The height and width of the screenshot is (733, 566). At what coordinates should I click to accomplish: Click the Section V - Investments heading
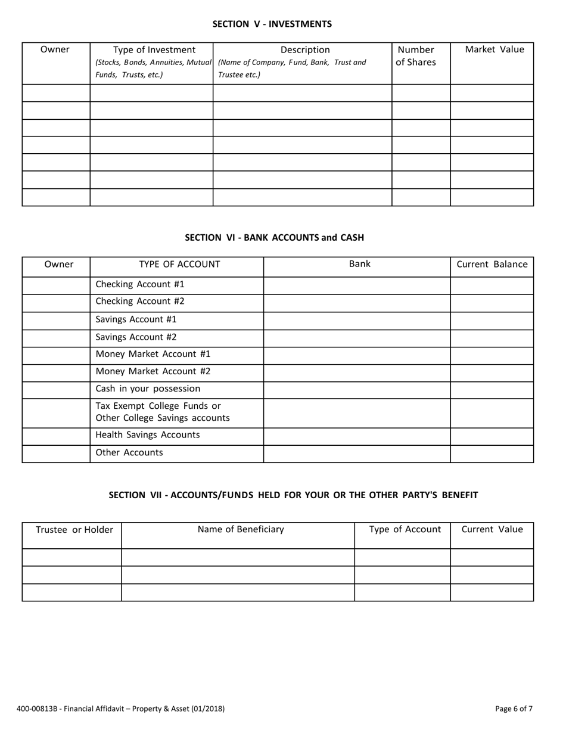coord(272,24)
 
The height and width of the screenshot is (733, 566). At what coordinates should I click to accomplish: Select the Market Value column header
coord(495,49)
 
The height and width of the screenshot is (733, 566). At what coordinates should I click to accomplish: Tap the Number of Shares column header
coord(416,56)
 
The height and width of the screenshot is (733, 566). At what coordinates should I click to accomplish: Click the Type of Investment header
coord(154,50)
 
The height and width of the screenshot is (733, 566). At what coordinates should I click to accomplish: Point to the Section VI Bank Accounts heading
coord(274,237)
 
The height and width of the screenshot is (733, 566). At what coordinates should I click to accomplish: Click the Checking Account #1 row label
coord(140,285)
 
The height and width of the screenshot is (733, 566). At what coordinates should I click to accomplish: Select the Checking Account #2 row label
coord(140,302)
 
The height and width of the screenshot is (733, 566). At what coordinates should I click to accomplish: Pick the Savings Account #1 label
coord(136,319)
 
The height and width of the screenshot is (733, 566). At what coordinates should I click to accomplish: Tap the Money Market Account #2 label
coord(153,371)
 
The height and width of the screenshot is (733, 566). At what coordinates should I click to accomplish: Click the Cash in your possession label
coord(148,389)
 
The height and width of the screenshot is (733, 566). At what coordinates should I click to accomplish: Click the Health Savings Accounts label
coord(148,435)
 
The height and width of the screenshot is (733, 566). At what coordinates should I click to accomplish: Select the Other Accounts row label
coord(129,452)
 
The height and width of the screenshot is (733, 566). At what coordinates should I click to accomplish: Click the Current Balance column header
coord(492,265)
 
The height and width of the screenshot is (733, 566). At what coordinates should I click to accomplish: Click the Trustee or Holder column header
coord(74,529)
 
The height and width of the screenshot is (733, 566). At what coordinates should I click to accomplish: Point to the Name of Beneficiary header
coord(241,529)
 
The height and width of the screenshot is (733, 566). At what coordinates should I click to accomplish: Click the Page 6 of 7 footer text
coord(514,709)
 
